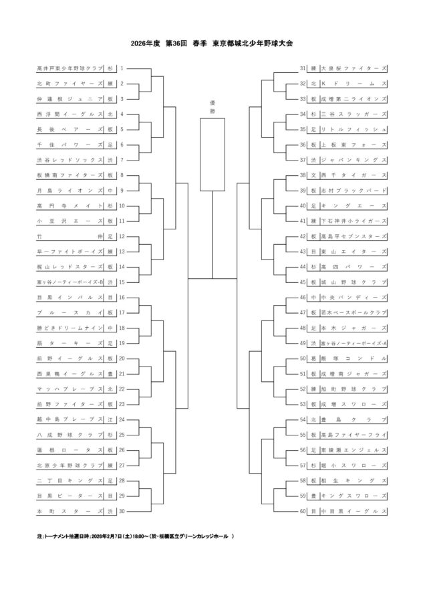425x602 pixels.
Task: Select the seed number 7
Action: [122, 161]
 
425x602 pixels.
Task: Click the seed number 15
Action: [122, 282]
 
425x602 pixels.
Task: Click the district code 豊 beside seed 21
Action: [110, 373]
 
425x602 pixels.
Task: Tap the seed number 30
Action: [122, 511]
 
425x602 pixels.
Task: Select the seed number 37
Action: [303, 160]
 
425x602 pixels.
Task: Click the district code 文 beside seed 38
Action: [313, 175]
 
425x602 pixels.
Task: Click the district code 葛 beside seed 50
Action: [313, 358]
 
